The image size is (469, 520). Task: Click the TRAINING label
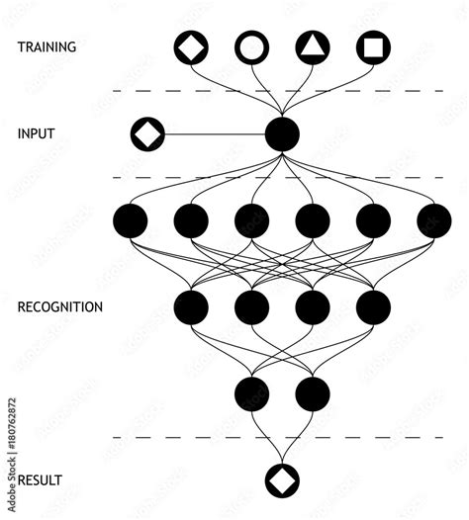point(47,46)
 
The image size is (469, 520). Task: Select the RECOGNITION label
point(59,306)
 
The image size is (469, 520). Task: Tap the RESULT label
point(40,480)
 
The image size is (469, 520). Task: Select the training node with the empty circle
point(251,46)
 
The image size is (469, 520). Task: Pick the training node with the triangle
point(313,46)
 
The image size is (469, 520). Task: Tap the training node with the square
point(373,46)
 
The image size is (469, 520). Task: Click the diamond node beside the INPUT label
point(147,132)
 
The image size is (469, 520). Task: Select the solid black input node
point(282,133)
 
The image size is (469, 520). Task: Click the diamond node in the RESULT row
point(282,480)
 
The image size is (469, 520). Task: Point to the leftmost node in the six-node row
point(131,220)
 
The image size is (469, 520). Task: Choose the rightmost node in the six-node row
point(433,220)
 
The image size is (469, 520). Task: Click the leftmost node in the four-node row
point(191,307)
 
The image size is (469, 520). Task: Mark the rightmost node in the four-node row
point(373,307)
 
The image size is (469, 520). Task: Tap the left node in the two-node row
point(251,393)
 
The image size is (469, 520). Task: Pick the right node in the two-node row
point(313,393)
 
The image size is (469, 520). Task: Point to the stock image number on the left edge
point(12,435)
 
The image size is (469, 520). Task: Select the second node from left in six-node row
point(191,220)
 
